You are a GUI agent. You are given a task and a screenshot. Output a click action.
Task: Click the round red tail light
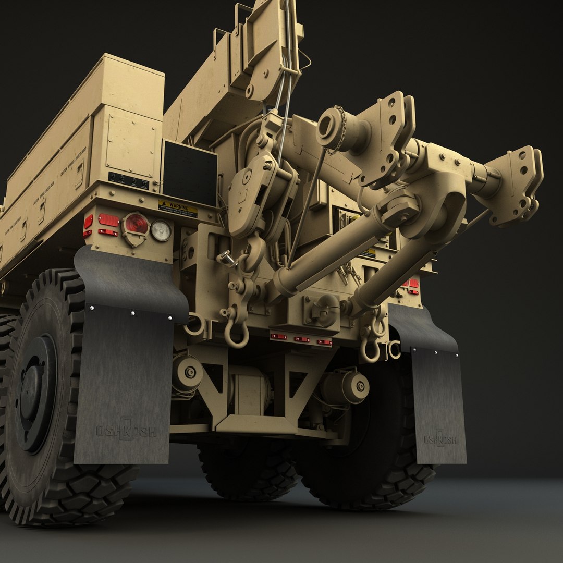pos(136,224)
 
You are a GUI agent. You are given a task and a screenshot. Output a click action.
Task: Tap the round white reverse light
pos(161,230)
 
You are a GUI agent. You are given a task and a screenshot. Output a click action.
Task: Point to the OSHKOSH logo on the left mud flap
pos(126,431)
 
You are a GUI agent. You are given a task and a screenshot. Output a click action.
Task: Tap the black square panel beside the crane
pos(190,173)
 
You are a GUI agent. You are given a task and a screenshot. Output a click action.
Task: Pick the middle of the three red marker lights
pos(301,339)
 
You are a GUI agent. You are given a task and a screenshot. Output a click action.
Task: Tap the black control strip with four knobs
pos(128,181)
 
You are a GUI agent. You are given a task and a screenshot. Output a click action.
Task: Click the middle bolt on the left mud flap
pos(132,313)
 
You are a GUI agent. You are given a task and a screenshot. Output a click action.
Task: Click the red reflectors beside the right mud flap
pos(411,286)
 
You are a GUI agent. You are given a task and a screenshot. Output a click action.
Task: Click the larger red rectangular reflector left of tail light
pos(108,220)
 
